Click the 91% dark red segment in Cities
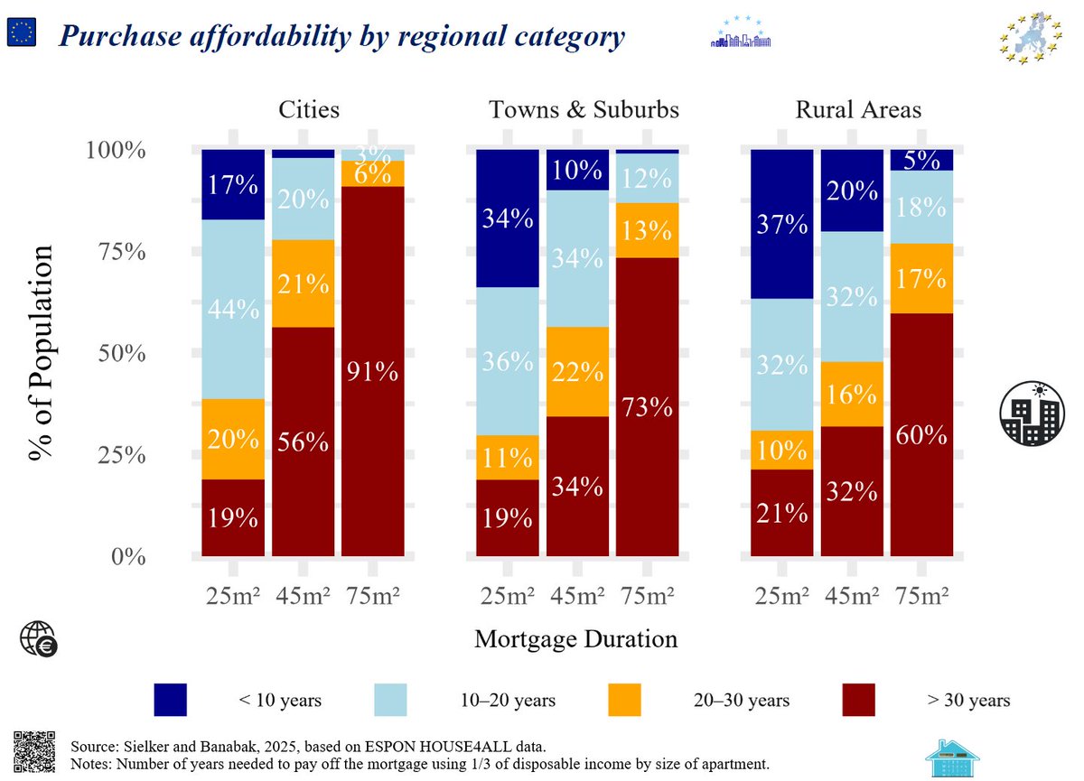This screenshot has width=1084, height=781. pyautogui.click(x=373, y=371)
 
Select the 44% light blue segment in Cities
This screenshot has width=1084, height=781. pyautogui.click(x=233, y=310)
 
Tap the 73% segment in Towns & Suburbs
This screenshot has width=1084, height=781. pyautogui.click(x=648, y=406)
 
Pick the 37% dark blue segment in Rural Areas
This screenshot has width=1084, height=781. pyautogui.click(x=782, y=224)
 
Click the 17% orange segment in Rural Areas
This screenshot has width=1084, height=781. pyautogui.click(x=920, y=278)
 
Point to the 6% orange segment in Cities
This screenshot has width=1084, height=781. pyautogui.click(x=373, y=173)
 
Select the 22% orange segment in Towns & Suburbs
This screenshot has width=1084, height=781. pyautogui.click(x=578, y=371)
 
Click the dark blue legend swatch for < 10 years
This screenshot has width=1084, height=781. pyautogui.click(x=171, y=700)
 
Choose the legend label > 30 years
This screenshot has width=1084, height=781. pyautogui.click(x=968, y=701)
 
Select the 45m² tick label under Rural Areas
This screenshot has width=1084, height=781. pyautogui.click(x=851, y=596)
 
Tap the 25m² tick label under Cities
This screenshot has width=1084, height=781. pyautogui.click(x=233, y=596)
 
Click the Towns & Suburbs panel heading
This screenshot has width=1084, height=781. pyautogui.click(x=584, y=110)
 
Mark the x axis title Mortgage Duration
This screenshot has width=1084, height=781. pyautogui.click(x=575, y=639)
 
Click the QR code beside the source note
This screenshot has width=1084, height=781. pyautogui.click(x=36, y=751)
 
